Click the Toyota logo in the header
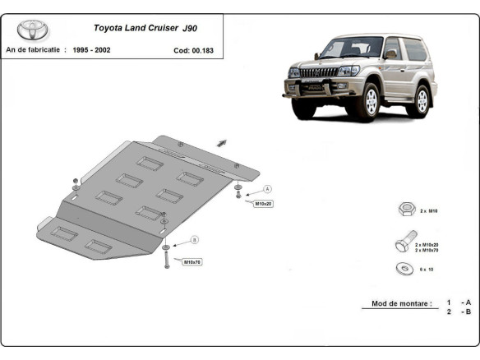pos(33,30)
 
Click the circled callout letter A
pos(268,188)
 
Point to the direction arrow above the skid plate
pos(223,142)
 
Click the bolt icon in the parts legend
pos(400,244)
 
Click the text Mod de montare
pos(399,303)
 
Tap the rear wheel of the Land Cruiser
pos(422,99)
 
